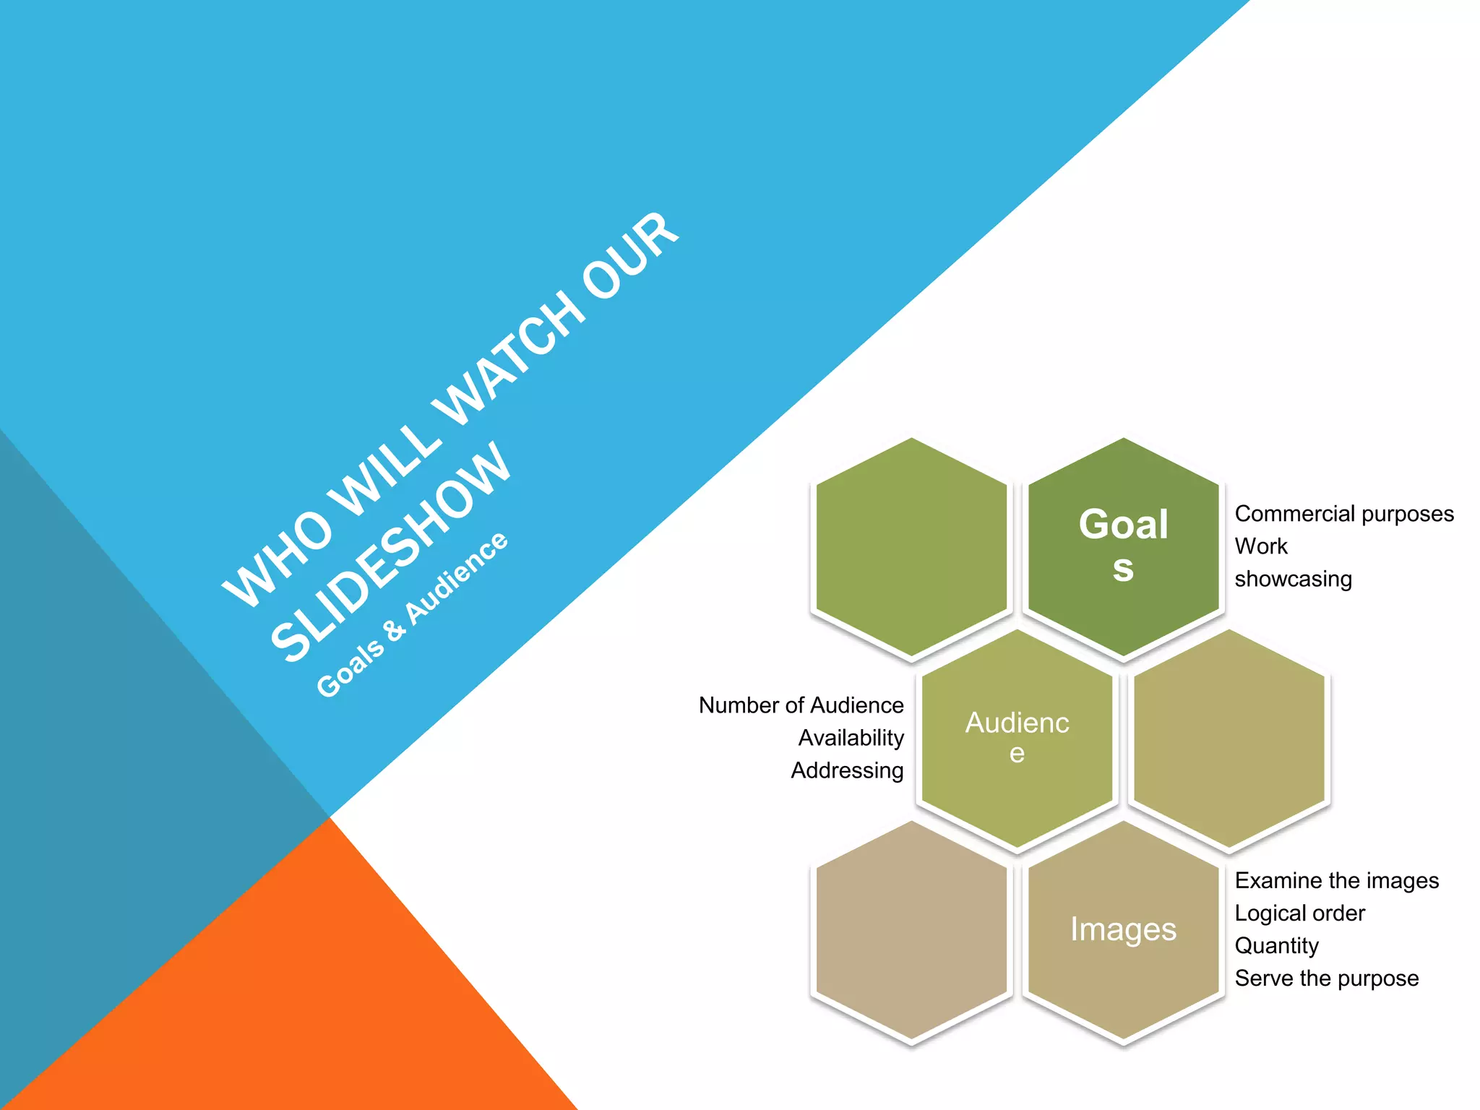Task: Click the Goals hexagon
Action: click(x=1123, y=546)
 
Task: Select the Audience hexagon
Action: click(x=1017, y=737)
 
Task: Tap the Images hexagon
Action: click(x=1123, y=929)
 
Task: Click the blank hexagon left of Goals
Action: click(x=911, y=548)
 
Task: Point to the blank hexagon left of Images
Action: click(x=911, y=931)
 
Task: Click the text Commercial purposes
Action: click(x=1343, y=514)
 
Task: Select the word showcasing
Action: click(x=1293, y=579)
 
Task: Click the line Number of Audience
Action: click(x=801, y=705)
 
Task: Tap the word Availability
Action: click(x=851, y=738)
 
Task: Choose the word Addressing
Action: click(x=847, y=770)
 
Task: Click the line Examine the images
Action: click(x=1336, y=881)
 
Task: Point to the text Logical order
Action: click(x=1299, y=913)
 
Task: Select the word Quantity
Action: click(x=1276, y=946)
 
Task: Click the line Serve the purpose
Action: click(x=1326, y=978)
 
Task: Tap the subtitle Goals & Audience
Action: click(x=412, y=614)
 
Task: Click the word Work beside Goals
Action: click(x=1260, y=546)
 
